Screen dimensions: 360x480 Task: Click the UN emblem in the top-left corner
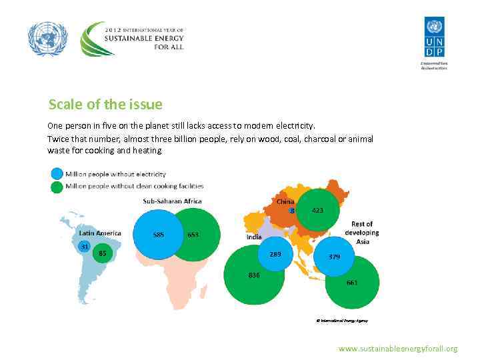[48, 39]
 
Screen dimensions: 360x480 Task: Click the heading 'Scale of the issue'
[105, 105]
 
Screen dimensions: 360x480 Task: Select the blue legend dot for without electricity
[56, 174]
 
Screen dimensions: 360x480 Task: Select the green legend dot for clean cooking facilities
[56, 187]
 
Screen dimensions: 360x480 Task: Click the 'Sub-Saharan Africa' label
[172, 201]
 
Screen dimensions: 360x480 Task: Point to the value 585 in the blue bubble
[159, 235]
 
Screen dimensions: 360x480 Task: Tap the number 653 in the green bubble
[193, 235]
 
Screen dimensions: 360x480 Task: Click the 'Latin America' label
[100, 233]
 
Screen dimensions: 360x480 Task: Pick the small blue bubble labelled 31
[85, 246]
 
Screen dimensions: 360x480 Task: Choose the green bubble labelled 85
[102, 253]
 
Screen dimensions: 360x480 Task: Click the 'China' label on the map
[285, 201]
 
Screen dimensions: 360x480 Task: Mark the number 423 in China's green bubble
[318, 210]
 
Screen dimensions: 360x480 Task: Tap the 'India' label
[254, 237]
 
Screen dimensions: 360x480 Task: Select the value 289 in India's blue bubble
[275, 253]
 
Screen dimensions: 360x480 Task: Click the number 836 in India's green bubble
[253, 275]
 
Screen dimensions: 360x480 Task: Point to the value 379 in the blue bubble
[335, 256]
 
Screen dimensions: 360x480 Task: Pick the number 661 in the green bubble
[351, 282]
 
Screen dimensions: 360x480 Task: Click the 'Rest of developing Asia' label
[361, 233]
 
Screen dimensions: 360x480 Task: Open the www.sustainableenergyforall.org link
[398, 349]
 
